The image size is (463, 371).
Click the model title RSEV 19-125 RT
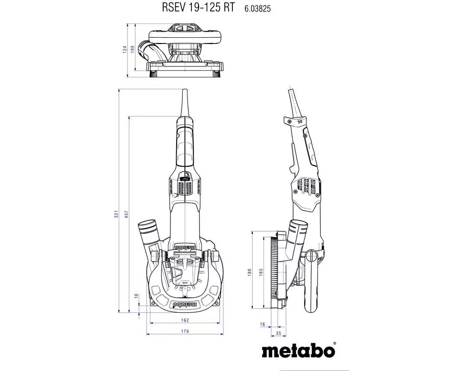pyautogui.click(x=198, y=7)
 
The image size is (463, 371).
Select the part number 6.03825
pyautogui.click(x=257, y=9)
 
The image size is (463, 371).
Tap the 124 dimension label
pyautogui.click(x=125, y=49)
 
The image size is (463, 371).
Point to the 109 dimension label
pyautogui.click(x=132, y=49)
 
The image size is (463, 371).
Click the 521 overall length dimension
pyautogui.click(x=116, y=214)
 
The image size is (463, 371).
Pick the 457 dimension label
pyautogui.click(x=126, y=214)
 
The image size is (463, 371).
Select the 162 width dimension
pyautogui.click(x=185, y=320)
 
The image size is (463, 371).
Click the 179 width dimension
pyautogui.click(x=185, y=331)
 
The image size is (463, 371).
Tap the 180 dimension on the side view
pyautogui.click(x=250, y=272)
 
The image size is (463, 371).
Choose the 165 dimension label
pyautogui.click(x=261, y=272)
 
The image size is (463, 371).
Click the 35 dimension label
pyautogui.click(x=278, y=333)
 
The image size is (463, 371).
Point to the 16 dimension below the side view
pyautogui.click(x=263, y=324)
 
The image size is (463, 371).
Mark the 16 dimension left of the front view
pyautogui.click(x=136, y=295)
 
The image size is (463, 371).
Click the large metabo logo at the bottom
pyautogui.click(x=298, y=351)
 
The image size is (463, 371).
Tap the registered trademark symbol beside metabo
pyautogui.click(x=334, y=344)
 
